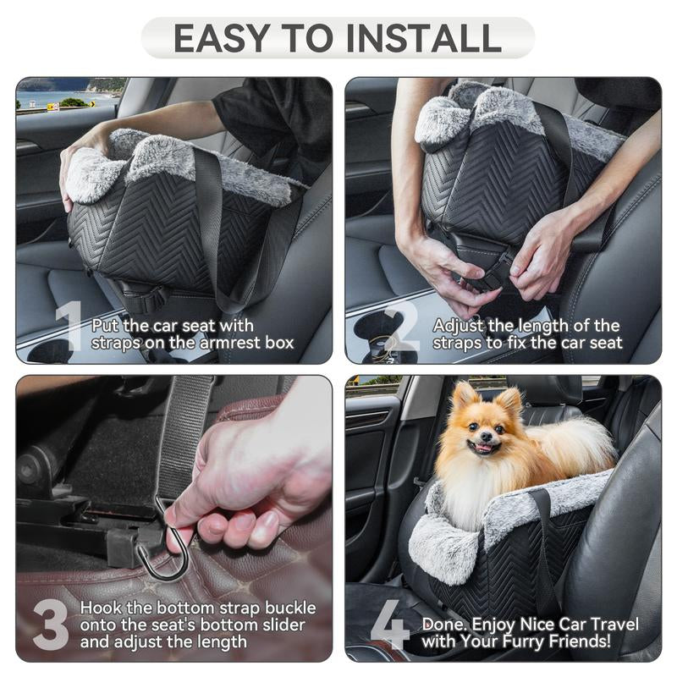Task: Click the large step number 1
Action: pyautogui.click(x=69, y=327)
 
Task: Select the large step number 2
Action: pyautogui.click(x=403, y=327)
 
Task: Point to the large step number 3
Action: pyautogui.click(x=51, y=626)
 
